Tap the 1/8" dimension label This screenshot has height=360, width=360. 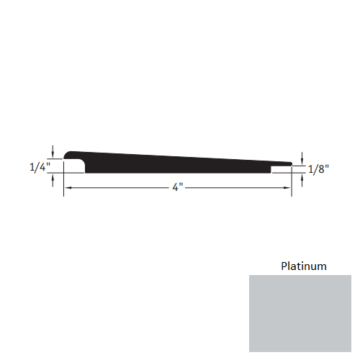pyautogui.click(x=318, y=170)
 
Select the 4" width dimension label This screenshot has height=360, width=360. pyautogui.click(x=177, y=188)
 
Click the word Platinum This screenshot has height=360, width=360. pyautogui.click(x=303, y=266)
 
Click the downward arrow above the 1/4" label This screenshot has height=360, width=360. pyautogui.click(x=53, y=150)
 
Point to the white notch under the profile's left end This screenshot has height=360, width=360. pyautogui.click(x=74, y=167)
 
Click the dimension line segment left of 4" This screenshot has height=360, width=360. pyautogui.click(x=119, y=187)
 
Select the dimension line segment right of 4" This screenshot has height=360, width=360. pyautogui.click(x=238, y=187)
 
